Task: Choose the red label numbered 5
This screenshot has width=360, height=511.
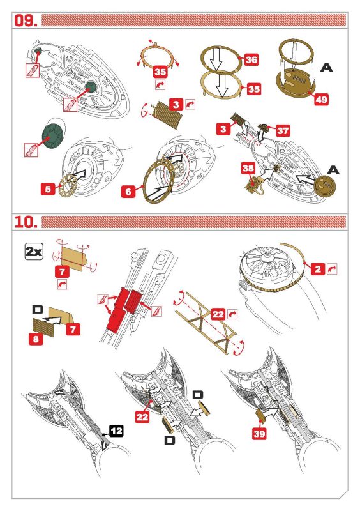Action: (48, 188)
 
